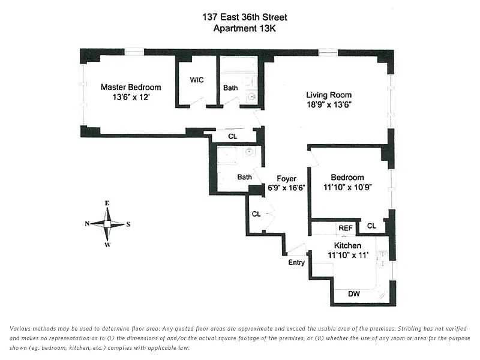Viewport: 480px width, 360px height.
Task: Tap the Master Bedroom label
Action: click(130, 87)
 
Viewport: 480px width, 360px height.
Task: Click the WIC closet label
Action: click(197, 80)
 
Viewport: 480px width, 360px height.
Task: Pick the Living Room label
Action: click(329, 95)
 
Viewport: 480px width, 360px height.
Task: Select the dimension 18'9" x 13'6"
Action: click(328, 104)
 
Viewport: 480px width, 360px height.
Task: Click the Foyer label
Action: click(286, 178)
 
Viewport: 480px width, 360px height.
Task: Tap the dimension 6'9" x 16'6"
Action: click(286, 187)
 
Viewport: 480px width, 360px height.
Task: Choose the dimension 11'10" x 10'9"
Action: click(347, 187)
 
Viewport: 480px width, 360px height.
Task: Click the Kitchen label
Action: click(347, 246)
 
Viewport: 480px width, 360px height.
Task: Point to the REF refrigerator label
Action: click(345, 227)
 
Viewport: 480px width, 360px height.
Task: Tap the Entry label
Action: click(296, 263)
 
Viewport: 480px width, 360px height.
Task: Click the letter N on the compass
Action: click(88, 224)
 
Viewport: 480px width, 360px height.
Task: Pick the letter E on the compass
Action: click(107, 203)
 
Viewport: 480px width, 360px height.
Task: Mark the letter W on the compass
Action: click(107, 244)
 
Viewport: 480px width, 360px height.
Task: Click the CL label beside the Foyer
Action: click(256, 214)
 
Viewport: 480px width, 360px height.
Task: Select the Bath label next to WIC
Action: click(230, 88)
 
